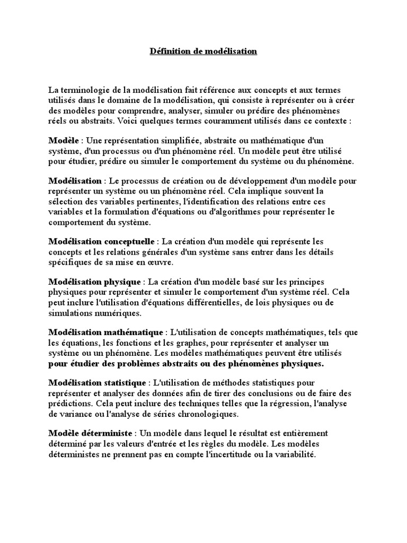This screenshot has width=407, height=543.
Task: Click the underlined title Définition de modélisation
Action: click(x=203, y=51)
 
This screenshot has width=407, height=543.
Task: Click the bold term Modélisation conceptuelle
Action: click(x=102, y=241)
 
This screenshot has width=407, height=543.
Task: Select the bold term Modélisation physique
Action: click(x=95, y=282)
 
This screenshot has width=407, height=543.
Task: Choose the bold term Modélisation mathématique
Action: click(x=107, y=332)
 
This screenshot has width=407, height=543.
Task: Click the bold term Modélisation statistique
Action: click(x=97, y=382)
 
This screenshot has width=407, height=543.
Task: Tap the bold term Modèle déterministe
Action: click(x=94, y=433)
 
